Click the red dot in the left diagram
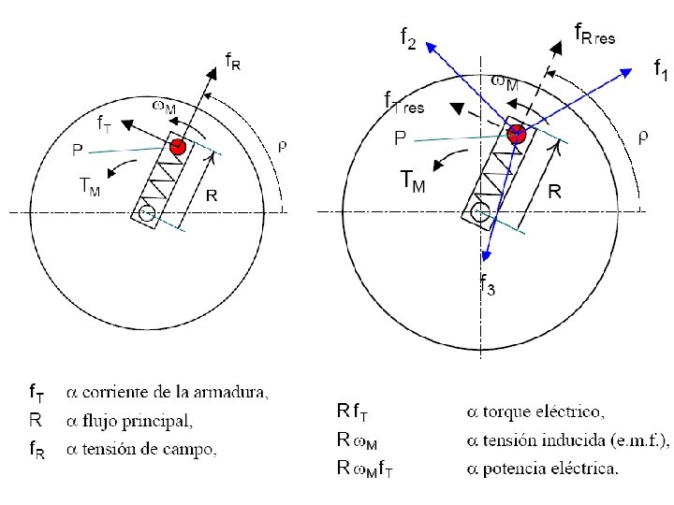coord(178,147)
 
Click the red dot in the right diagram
coord(516,135)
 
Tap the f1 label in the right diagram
coord(660,69)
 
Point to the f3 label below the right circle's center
coord(489,286)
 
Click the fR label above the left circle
coord(233,63)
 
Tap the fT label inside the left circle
coord(107,123)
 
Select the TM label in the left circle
coord(88,186)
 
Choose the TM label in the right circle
coord(412,180)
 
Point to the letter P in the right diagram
coord(400,138)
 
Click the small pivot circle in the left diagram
coord(146,214)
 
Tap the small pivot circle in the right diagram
coord(481,212)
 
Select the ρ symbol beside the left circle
coord(284,145)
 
